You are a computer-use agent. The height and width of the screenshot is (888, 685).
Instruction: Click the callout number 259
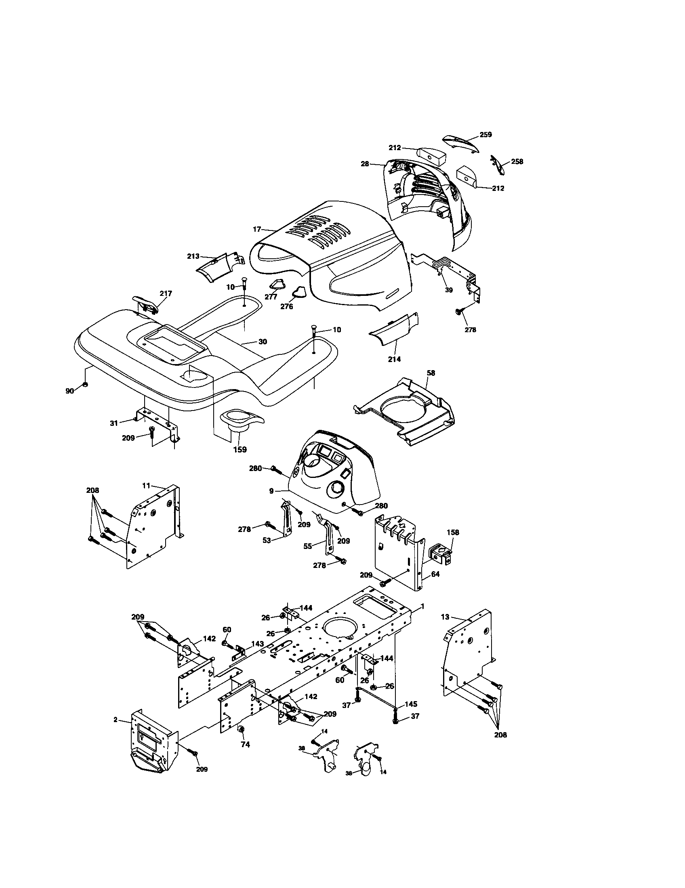(x=486, y=134)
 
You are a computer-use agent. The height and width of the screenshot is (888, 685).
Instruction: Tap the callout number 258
(x=517, y=161)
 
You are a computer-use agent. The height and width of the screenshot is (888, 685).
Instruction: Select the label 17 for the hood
(x=256, y=229)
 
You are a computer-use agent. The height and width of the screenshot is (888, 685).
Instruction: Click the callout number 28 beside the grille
(x=364, y=164)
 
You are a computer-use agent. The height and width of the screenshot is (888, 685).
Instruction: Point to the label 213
(x=193, y=256)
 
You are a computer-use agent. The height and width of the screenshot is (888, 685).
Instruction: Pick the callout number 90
(x=69, y=391)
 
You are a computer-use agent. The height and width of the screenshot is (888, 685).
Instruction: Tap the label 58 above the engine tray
(x=431, y=373)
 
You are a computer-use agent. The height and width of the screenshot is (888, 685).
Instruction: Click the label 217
(x=166, y=293)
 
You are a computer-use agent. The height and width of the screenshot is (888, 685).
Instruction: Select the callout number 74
(x=245, y=745)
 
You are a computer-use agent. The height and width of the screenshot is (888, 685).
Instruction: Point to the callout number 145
(x=411, y=704)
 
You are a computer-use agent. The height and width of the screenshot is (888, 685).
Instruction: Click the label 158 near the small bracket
(x=453, y=532)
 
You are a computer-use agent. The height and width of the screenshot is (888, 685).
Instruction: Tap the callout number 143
(x=258, y=644)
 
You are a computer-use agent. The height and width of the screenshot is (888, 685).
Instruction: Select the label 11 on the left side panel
(x=147, y=485)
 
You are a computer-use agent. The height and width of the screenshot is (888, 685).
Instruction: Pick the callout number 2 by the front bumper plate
(x=115, y=720)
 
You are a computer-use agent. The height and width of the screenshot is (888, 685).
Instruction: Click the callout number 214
(x=394, y=359)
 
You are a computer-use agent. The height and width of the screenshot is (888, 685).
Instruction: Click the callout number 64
(x=435, y=574)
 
